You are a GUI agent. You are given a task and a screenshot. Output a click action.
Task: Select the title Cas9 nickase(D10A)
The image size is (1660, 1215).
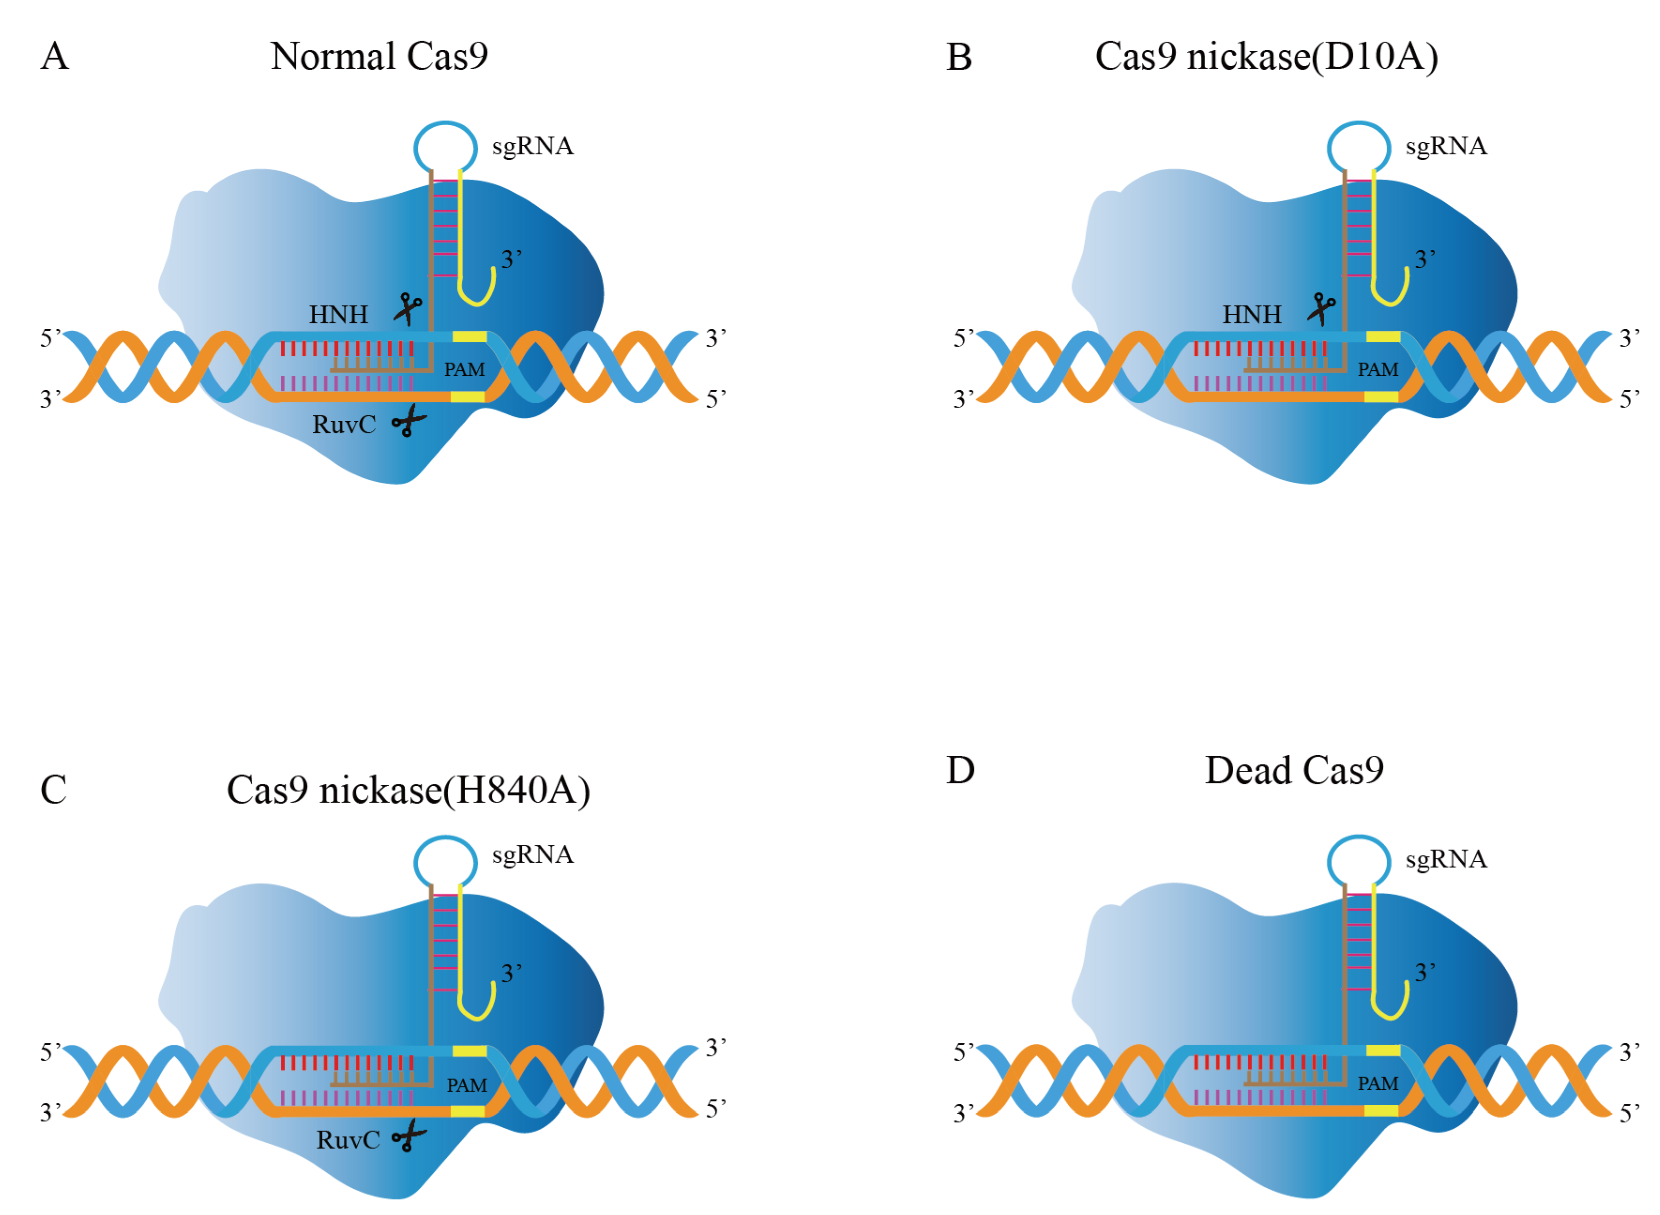tap(1266, 57)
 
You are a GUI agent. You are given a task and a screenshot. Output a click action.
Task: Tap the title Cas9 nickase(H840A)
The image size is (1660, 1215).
tap(408, 790)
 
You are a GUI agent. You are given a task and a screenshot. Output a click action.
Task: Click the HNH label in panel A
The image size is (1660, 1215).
tap(338, 315)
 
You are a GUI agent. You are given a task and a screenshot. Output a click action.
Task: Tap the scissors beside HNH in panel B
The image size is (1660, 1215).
tap(1321, 309)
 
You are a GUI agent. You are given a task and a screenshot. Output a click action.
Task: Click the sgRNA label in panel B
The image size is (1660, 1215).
tap(1446, 146)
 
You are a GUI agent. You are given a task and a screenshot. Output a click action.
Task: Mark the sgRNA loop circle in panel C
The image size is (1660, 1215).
tap(445, 862)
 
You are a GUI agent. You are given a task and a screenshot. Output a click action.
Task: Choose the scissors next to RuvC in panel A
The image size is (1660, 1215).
tap(409, 421)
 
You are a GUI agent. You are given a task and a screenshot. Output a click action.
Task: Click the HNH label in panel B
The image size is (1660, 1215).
tap(1251, 315)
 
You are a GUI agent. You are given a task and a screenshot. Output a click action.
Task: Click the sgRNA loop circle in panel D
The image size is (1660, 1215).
tap(1358, 862)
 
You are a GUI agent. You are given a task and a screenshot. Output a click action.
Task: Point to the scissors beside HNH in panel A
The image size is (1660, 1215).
tap(407, 309)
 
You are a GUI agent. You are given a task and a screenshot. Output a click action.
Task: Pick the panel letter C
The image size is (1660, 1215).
tap(53, 790)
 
